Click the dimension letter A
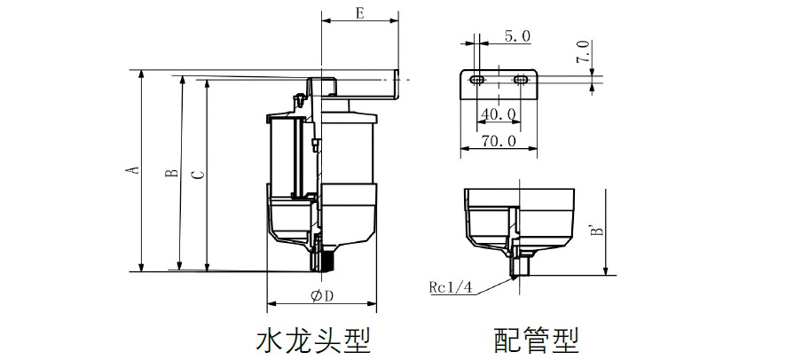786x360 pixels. (132, 169)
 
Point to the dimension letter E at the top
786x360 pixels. (358, 13)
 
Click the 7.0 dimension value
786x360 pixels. (582, 51)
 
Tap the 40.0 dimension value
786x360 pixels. (498, 114)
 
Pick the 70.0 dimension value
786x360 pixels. (498, 141)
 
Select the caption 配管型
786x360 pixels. (536, 339)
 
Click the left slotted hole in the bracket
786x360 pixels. (477, 81)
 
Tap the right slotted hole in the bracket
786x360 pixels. (520, 81)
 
